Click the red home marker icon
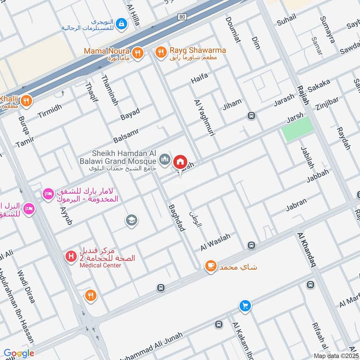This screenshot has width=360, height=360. (180, 161)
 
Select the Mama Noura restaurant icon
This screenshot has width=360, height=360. (138, 53)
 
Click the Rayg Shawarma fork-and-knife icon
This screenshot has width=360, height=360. (160, 53)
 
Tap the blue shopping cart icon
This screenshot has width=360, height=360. (245, 306)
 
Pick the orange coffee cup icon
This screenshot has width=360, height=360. (210, 266)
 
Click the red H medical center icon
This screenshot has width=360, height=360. (71, 257)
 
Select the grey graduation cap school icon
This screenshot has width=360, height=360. (131, 220)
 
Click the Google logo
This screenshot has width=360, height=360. (19, 353)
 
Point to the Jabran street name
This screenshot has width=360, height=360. (296, 205)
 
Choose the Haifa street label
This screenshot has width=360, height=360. (199, 78)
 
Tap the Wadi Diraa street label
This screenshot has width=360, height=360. (25, 287)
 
